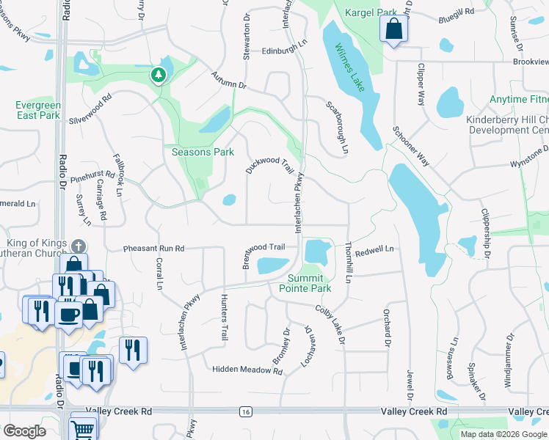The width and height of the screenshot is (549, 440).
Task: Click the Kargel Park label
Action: [x=371, y=12]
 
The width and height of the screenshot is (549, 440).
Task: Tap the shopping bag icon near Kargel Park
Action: [x=393, y=30]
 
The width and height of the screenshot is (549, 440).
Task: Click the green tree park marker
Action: [x=157, y=74]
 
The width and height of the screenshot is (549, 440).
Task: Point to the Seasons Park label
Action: [x=203, y=152]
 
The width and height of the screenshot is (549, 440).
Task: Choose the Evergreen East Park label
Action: [x=37, y=110]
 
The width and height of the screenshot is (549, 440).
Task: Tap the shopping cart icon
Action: [x=84, y=429]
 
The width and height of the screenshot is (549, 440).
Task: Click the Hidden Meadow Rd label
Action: [x=247, y=370]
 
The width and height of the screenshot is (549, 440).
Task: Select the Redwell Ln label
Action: [x=374, y=250]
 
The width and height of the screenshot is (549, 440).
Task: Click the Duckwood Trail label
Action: [x=269, y=158]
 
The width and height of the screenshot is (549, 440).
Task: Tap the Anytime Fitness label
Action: [x=520, y=99]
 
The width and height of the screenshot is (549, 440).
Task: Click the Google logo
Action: [x=24, y=431]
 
